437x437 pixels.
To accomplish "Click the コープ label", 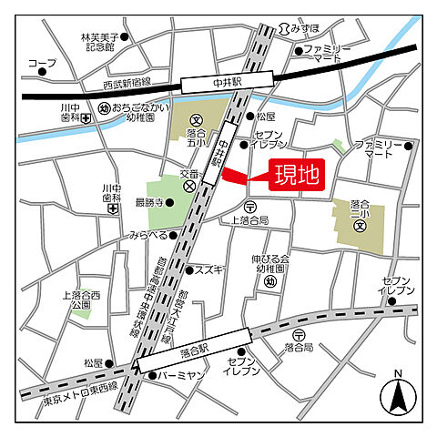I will (41, 64).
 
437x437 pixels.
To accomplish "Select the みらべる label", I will (147, 236).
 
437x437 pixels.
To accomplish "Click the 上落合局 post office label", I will (249, 220).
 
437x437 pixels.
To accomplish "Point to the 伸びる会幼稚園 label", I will (269, 264).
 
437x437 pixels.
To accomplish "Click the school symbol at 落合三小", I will (360, 226).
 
